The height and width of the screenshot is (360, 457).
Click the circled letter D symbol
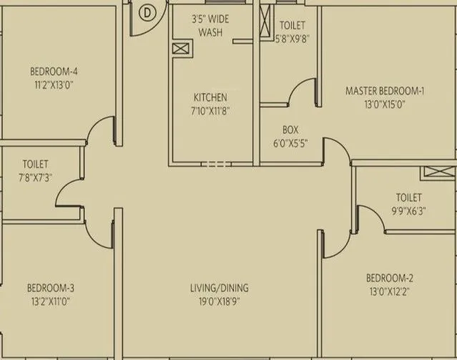point(147,12)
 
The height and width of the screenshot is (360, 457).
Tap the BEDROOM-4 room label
point(54,72)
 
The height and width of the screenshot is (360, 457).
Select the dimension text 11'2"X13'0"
point(54,84)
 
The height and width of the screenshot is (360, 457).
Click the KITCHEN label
point(210,97)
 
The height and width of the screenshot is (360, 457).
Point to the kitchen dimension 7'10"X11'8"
point(210,110)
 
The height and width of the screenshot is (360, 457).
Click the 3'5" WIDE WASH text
point(210,26)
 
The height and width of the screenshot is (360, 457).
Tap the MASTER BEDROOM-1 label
point(385,91)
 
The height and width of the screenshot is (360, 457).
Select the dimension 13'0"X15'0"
point(385,104)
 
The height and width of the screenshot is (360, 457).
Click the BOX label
point(290,130)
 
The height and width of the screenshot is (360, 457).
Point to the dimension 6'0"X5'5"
point(290,142)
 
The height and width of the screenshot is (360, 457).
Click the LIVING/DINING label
point(219,288)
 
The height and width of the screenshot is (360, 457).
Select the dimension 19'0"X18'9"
point(219,301)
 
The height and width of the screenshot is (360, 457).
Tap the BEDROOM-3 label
point(51,288)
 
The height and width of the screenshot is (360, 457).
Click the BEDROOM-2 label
point(389,278)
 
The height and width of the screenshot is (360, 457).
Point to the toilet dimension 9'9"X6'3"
point(408,210)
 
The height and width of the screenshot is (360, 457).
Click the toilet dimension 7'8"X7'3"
point(35,177)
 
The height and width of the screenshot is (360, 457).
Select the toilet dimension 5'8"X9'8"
point(292,40)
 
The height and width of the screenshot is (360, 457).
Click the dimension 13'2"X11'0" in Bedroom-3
point(51,301)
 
